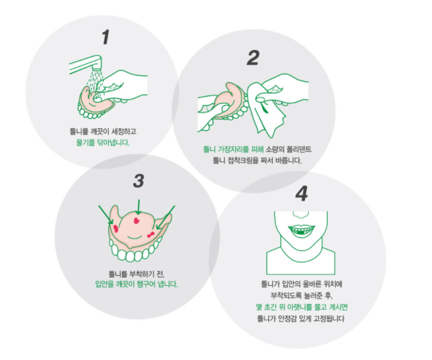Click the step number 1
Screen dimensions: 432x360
(x=106, y=37)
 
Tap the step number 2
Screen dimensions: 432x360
(x=253, y=58)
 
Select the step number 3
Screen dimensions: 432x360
(x=138, y=181)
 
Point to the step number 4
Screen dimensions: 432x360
(x=301, y=193)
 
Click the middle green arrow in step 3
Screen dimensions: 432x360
(x=138, y=206)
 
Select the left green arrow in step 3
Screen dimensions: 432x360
(x=106, y=215)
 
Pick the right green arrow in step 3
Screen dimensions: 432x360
(x=165, y=217)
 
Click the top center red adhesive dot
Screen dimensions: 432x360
(x=136, y=220)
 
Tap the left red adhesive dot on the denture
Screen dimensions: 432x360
(x=116, y=228)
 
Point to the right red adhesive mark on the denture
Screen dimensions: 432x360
(x=151, y=235)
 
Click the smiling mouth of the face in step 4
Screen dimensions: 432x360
(x=301, y=230)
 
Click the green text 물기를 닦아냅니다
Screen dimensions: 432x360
(x=102, y=142)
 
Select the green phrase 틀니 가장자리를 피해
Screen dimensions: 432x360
(x=234, y=149)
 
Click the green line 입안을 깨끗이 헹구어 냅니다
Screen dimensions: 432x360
(x=136, y=284)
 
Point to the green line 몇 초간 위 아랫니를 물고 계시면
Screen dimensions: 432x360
(x=302, y=307)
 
